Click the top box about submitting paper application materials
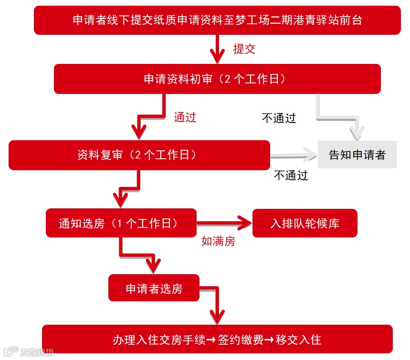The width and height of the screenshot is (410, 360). (217, 20)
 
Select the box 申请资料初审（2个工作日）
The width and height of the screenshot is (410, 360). (217, 79)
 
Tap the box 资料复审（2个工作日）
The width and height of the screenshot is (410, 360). (139, 155)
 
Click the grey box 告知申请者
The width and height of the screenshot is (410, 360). (357, 155)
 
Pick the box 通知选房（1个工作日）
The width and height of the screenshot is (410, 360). (121, 223)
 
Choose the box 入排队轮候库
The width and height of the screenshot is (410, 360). (305, 223)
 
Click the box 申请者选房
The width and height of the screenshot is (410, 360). (154, 288)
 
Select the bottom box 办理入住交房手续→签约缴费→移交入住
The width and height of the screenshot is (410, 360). (217, 339)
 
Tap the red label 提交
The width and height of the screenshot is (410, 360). (244, 49)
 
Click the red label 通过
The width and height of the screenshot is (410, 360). (185, 117)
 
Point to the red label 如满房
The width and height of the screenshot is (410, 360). (218, 242)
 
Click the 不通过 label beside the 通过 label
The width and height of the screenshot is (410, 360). (279, 118)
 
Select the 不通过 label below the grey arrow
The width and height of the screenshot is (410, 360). (291, 175)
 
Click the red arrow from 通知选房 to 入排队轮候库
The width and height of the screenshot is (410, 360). (224, 222)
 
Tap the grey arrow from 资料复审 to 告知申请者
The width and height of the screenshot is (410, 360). (294, 155)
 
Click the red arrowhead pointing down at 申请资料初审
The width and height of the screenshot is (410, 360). (218, 56)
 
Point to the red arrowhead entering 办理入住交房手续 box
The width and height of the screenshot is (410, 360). (217, 316)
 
